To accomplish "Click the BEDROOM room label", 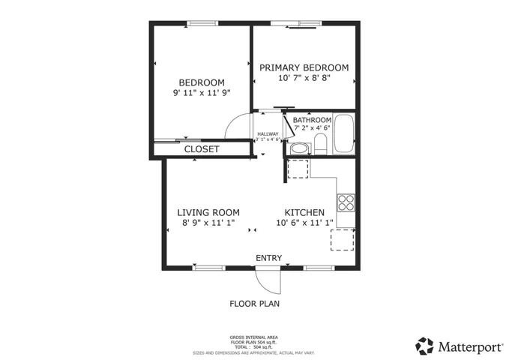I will click(201, 82).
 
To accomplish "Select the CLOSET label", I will click(202, 149).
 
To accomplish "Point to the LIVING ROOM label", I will click(208, 212).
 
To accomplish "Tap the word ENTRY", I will click(268, 258).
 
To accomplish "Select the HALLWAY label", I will click(268, 133).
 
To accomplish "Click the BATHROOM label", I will click(312, 120).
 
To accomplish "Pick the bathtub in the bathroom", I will click(344, 134).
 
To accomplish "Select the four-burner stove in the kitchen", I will click(346, 202).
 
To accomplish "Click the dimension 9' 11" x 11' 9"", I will click(201, 93).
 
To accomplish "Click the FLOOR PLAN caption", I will click(254, 304).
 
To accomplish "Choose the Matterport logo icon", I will click(424, 346).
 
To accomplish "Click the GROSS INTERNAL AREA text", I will click(254, 337).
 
